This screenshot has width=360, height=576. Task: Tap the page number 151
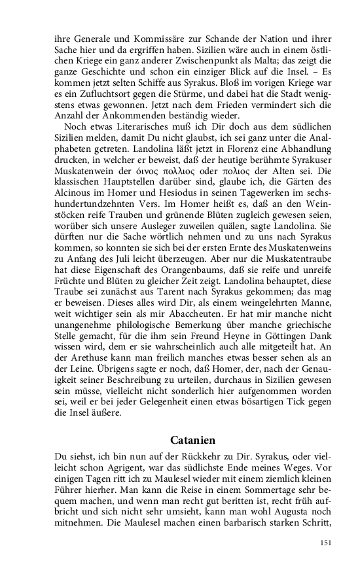[x=325, y=543]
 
